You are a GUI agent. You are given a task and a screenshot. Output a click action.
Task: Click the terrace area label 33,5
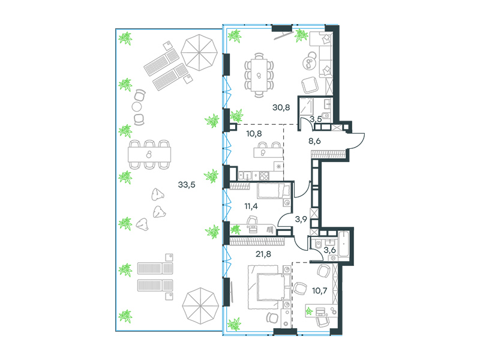point(187,185)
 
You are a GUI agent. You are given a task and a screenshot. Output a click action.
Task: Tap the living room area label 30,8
point(281,107)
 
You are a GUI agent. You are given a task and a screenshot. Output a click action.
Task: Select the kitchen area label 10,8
point(254,133)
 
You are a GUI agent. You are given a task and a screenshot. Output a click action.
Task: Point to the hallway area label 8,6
point(314,141)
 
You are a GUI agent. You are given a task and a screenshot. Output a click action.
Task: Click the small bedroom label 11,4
point(251,206)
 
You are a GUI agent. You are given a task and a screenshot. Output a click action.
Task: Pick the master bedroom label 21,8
point(263,254)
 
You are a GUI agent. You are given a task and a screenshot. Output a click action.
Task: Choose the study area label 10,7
point(319,290)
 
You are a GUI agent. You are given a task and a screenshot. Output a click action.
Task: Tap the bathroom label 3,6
point(329,250)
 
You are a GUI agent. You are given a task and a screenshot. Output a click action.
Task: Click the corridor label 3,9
point(301,219)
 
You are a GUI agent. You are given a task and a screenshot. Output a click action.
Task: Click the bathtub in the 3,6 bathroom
point(344,245)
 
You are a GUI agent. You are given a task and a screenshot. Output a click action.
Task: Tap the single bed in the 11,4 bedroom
point(274,191)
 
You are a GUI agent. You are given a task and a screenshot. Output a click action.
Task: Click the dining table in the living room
point(259,76)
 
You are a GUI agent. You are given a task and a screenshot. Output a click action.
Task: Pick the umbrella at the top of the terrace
point(199,53)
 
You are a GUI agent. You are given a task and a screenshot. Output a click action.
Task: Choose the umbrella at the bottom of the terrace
point(200,306)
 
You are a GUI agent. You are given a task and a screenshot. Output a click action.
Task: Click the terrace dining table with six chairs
point(149,155)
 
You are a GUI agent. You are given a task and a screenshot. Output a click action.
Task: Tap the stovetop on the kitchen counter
point(264,176)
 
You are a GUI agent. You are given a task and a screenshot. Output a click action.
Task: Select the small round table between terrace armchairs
point(137,107)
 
